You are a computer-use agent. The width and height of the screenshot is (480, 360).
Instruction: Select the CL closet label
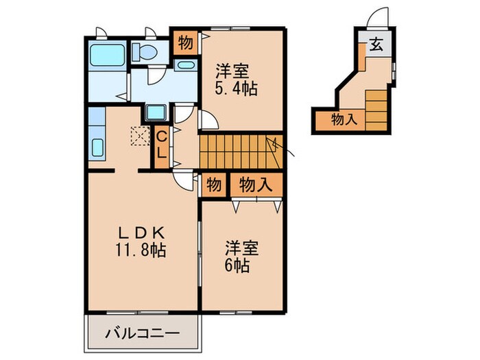point(160,144)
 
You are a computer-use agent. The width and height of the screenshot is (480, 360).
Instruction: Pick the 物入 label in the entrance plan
point(344,119)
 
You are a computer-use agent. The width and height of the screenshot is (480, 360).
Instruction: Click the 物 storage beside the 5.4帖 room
point(184,43)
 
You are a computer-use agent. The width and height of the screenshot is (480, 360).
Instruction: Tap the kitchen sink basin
point(97,147)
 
